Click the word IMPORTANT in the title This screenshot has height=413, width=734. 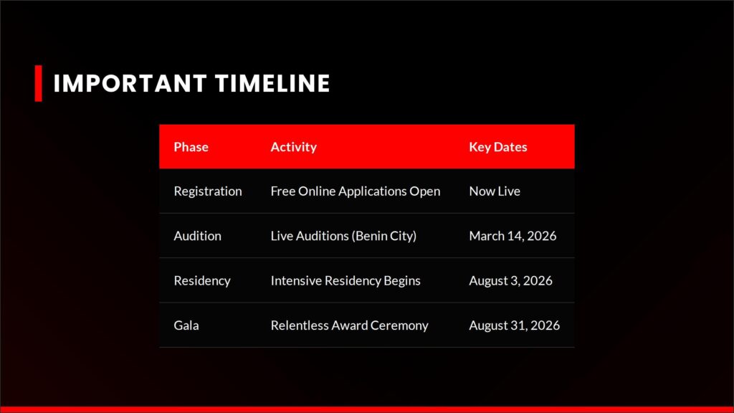[x=130, y=83]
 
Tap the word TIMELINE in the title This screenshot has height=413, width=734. [x=272, y=83]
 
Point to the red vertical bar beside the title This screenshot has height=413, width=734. [x=39, y=83]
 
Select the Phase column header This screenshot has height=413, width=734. [x=191, y=147]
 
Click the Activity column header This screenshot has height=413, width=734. [x=293, y=147]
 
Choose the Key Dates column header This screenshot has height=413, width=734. [x=498, y=147]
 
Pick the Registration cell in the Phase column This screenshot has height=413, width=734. [x=208, y=191]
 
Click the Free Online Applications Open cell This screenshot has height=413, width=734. [x=356, y=191]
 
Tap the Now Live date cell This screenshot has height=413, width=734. [x=495, y=191]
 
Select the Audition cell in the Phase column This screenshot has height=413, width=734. [x=198, y=235]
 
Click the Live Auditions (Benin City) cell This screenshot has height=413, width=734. [x=343, y=236]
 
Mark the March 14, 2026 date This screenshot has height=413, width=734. [x=513, y=236]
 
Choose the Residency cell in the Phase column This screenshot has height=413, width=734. [x=202, y=280]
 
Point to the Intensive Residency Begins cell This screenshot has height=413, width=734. [x=345, y=280]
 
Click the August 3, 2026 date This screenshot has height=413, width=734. [x=510, y=280]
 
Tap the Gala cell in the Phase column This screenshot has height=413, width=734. [x=186, y=325]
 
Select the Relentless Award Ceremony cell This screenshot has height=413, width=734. [x=349, y=326]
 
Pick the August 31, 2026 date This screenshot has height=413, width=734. [x=515, y=326]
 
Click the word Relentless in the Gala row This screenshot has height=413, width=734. [x=300, y=325]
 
